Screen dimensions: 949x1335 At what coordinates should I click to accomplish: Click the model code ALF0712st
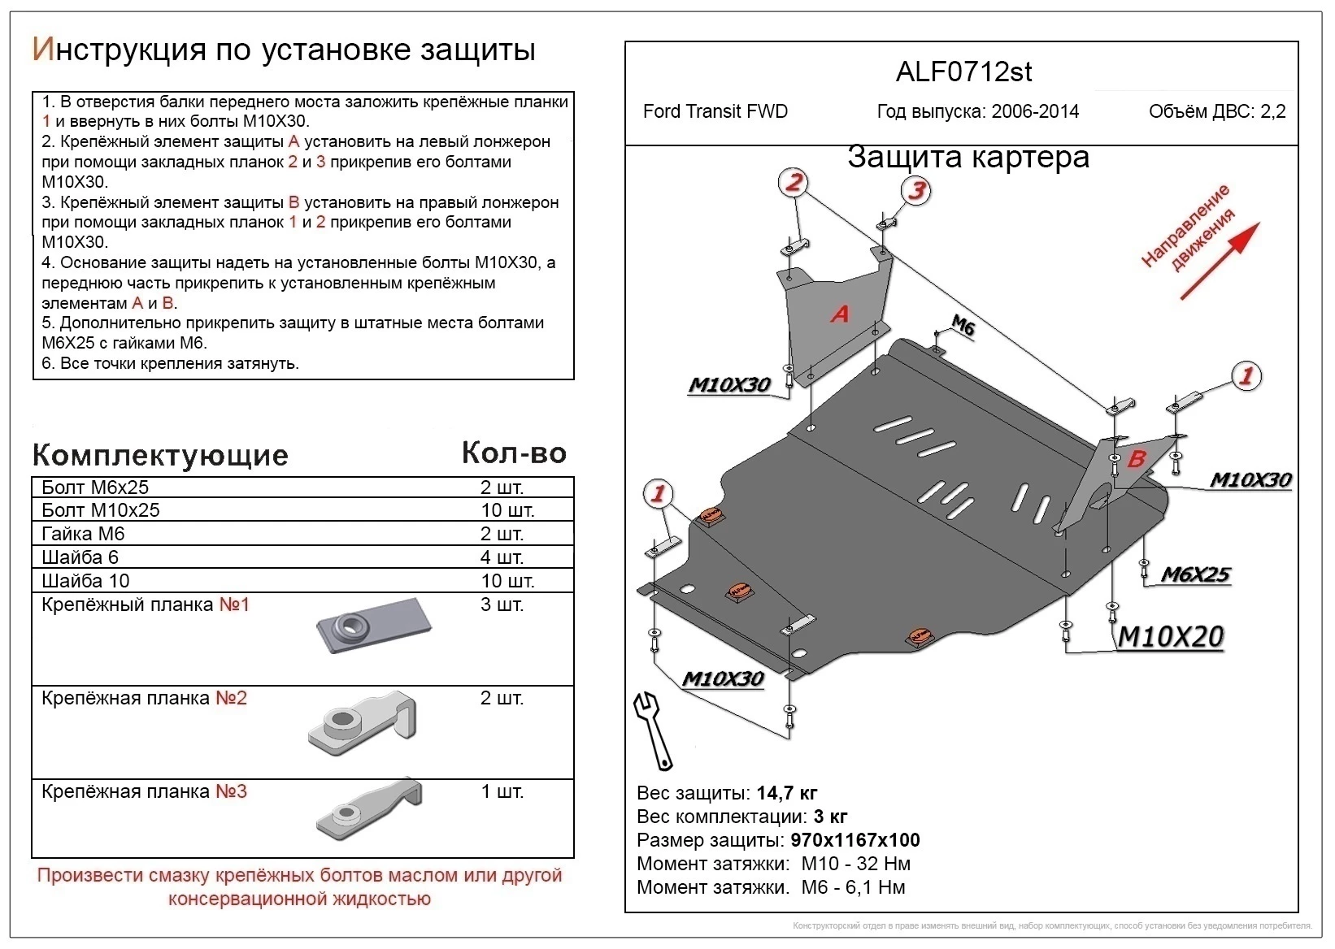[x=963, y=72]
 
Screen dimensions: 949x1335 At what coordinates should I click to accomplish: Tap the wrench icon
[x=653, y=730]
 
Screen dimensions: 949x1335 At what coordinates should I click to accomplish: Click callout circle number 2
[x=794, y=182]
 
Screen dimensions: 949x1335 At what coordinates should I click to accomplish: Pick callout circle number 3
[x=916, y=190]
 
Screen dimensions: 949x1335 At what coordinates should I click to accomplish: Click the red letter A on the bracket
[x=840, y=314]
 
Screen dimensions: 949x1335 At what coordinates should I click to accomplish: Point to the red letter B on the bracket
[x=1136, y=459]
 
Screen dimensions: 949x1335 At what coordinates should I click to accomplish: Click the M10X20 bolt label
[x=1170, y=636]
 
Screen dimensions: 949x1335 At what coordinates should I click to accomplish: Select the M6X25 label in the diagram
[x=1194, y=574]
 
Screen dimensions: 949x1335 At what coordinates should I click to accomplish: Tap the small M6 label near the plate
[x=963, y=326]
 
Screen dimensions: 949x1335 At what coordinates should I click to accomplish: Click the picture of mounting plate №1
[x=373, y=625]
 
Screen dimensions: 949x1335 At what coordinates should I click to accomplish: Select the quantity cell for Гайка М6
[x=502, y=534]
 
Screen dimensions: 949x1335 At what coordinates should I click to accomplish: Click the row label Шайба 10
[x=85, y=581]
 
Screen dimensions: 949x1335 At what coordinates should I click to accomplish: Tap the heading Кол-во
[x=514, y=453]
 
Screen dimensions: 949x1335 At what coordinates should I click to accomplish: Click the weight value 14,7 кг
[x=786, y=793]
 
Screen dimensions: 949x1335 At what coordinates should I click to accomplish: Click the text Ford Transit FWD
[x=715, y=111]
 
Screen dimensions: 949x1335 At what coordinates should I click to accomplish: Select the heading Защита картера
[x=968, y=157]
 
